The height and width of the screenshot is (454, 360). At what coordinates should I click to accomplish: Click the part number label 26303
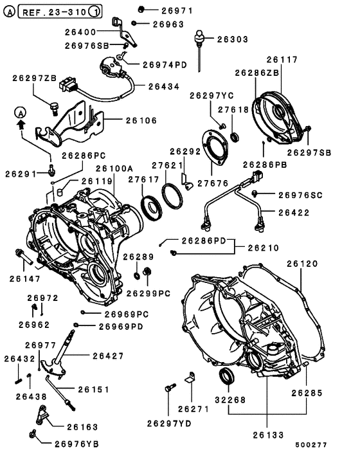click(x=231, y=39)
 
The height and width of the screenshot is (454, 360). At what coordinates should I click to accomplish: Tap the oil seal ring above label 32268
click(x=228, y=376)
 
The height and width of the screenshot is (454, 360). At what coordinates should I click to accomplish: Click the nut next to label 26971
click(x=143, y=10)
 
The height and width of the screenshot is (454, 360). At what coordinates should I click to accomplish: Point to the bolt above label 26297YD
click(x=169, y=388)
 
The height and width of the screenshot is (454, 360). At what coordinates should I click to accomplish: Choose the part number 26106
click(x=141, y=120)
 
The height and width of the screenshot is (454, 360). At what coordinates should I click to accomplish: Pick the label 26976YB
click(x=76, y=444)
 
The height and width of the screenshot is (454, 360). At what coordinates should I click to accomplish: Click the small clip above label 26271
click(x=190, y=377)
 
